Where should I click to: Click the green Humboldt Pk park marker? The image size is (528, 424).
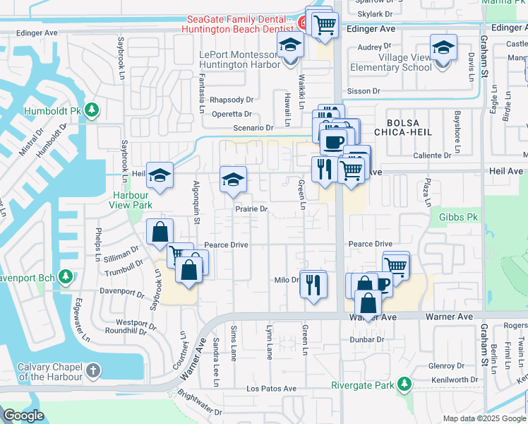click(x=92, y=111)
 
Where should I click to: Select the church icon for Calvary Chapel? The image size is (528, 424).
click(x=93, y=370)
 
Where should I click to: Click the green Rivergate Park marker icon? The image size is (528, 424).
click(x=404, y=384)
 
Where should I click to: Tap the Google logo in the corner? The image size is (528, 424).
click(x=23, y=416)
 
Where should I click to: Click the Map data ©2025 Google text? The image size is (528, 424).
click(x=484, y=418)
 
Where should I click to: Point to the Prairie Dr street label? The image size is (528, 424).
click(x=252, y=209)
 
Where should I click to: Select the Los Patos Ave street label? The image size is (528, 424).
click(x=271, y=389)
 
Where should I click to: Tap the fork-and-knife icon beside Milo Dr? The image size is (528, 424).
click(x=313, y=284)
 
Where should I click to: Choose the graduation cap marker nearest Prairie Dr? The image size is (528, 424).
click(x=232, y=179)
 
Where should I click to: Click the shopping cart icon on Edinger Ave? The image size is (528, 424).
click(x=324, y=25)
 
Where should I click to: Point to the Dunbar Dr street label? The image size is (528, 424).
click(x=370, y=339)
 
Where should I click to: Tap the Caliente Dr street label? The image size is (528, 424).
click(x=433, y=155)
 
